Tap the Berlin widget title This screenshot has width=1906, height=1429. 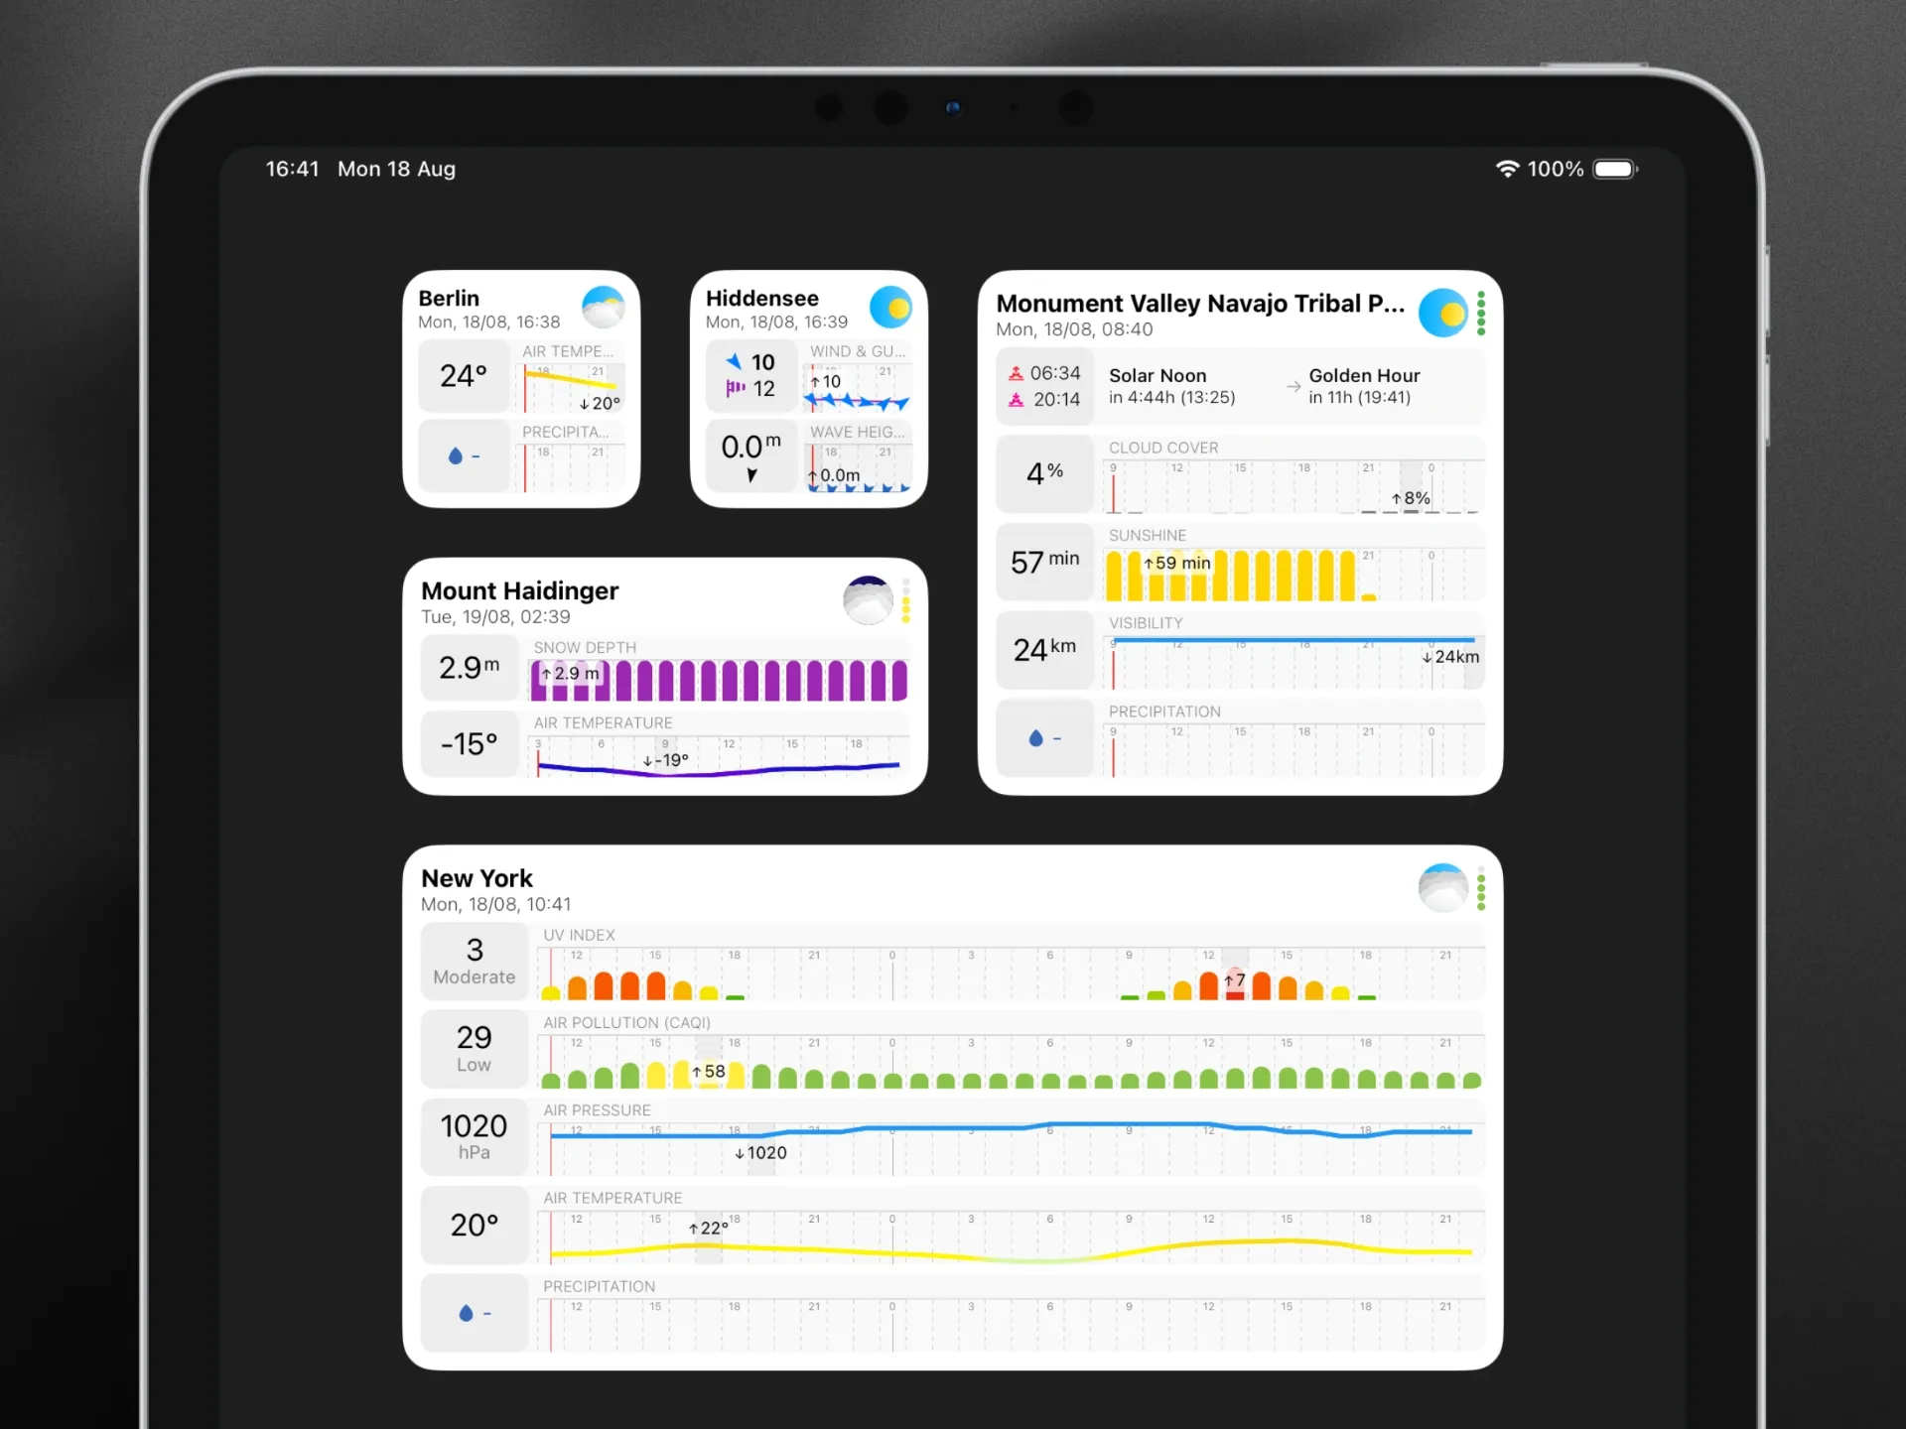coord(449,299)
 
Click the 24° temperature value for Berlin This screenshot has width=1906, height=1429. coord(464,376)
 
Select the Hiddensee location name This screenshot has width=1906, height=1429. coord(761,299)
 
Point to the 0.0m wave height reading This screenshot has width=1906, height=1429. coord(750,448)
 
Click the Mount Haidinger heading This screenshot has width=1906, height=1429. coord(519,591)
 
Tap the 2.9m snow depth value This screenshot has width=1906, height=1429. coord(469,668)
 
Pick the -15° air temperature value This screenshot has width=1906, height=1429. coord(469,744)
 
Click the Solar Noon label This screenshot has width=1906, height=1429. coord(1157,376)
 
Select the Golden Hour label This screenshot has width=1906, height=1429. coord(1364,376)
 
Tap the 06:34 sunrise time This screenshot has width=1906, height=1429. coord(1054,373)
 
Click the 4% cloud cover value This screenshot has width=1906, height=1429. coord(1044,473)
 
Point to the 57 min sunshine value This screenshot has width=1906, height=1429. coord(1044,562)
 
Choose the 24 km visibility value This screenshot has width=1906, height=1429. coord(1044,649)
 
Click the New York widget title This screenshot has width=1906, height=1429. coord(476,879)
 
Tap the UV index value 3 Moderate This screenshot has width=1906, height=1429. coord(475,961)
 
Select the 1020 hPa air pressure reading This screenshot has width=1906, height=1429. coord(475,1135)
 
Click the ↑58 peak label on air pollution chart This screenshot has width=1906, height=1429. coord(709,1072)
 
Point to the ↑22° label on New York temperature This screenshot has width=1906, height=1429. coord(708,1229)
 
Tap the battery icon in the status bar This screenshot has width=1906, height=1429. coord(1614,170)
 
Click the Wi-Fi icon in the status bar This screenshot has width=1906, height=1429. coord(1507,170)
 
